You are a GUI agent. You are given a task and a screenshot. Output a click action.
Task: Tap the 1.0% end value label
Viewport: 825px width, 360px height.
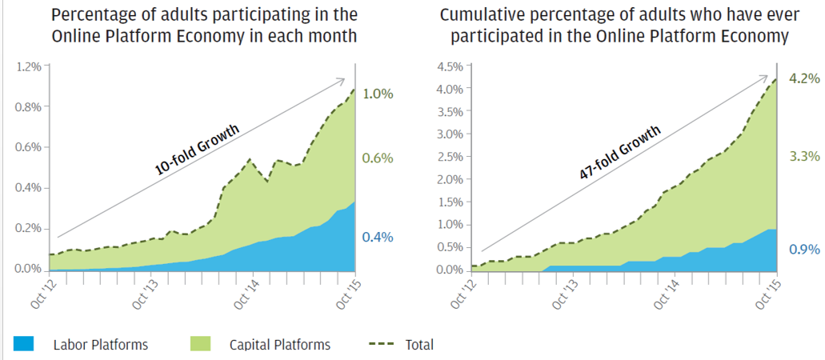378,94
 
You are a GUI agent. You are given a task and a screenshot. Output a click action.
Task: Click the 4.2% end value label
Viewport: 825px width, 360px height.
805,78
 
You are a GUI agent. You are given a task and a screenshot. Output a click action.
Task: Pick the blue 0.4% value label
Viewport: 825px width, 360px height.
378,238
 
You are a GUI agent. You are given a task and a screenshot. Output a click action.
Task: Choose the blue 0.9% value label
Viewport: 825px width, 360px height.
805,250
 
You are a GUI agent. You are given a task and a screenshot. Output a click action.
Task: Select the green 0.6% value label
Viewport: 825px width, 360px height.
378,158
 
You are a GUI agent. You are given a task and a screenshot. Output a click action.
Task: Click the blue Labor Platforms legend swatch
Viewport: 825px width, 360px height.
24,344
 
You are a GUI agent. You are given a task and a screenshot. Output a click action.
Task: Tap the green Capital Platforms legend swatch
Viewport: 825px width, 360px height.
201,344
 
